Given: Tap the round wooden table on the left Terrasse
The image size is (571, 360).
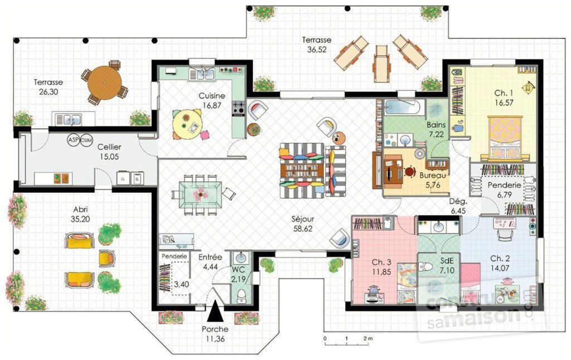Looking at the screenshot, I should point(104,82).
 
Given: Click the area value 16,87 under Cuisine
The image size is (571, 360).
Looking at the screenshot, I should point(211,105).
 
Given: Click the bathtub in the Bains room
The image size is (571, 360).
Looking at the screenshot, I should point(404,108).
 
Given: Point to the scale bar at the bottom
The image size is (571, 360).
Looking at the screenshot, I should point(346,338).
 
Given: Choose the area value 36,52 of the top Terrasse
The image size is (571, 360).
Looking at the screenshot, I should point(316,49).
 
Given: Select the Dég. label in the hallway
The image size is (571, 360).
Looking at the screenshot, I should point(458,202).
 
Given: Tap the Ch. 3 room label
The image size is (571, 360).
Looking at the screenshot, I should point(382,261).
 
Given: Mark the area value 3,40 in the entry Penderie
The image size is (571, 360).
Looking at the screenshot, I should point(181,284).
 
